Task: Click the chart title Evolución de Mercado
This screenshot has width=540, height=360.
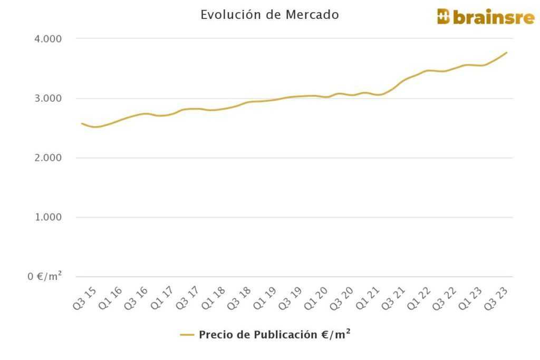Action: (269, 15)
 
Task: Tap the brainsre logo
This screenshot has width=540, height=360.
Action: (486, 16)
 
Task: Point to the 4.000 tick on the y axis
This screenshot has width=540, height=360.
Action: (49, 39)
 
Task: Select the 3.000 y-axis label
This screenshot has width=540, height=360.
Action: (49, 99)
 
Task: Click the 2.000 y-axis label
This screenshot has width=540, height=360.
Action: (49, 158)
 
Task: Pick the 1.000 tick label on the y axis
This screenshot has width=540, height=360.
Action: (49, 217)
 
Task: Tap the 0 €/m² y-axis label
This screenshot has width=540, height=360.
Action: (45, 276)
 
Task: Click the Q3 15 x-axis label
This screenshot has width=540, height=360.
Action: (85, 298)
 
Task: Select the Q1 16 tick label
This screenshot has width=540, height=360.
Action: (111, 298)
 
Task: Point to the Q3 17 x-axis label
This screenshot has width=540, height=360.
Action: (188, 298)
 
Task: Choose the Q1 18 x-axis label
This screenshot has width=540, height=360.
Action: (214, 298)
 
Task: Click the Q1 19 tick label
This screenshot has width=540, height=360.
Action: (265, 298)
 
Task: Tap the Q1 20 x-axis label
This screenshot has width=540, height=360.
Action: (316, 298)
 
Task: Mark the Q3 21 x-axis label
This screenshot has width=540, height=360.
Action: (393, 298)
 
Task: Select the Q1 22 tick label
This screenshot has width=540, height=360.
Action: (419, 298)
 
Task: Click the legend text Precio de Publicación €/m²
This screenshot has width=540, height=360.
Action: (275, 335)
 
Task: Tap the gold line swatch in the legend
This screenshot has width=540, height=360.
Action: (187, 335)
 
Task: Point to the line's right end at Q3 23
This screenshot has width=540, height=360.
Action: (507, 52)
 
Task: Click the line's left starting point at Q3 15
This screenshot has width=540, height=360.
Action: (82, 123)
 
